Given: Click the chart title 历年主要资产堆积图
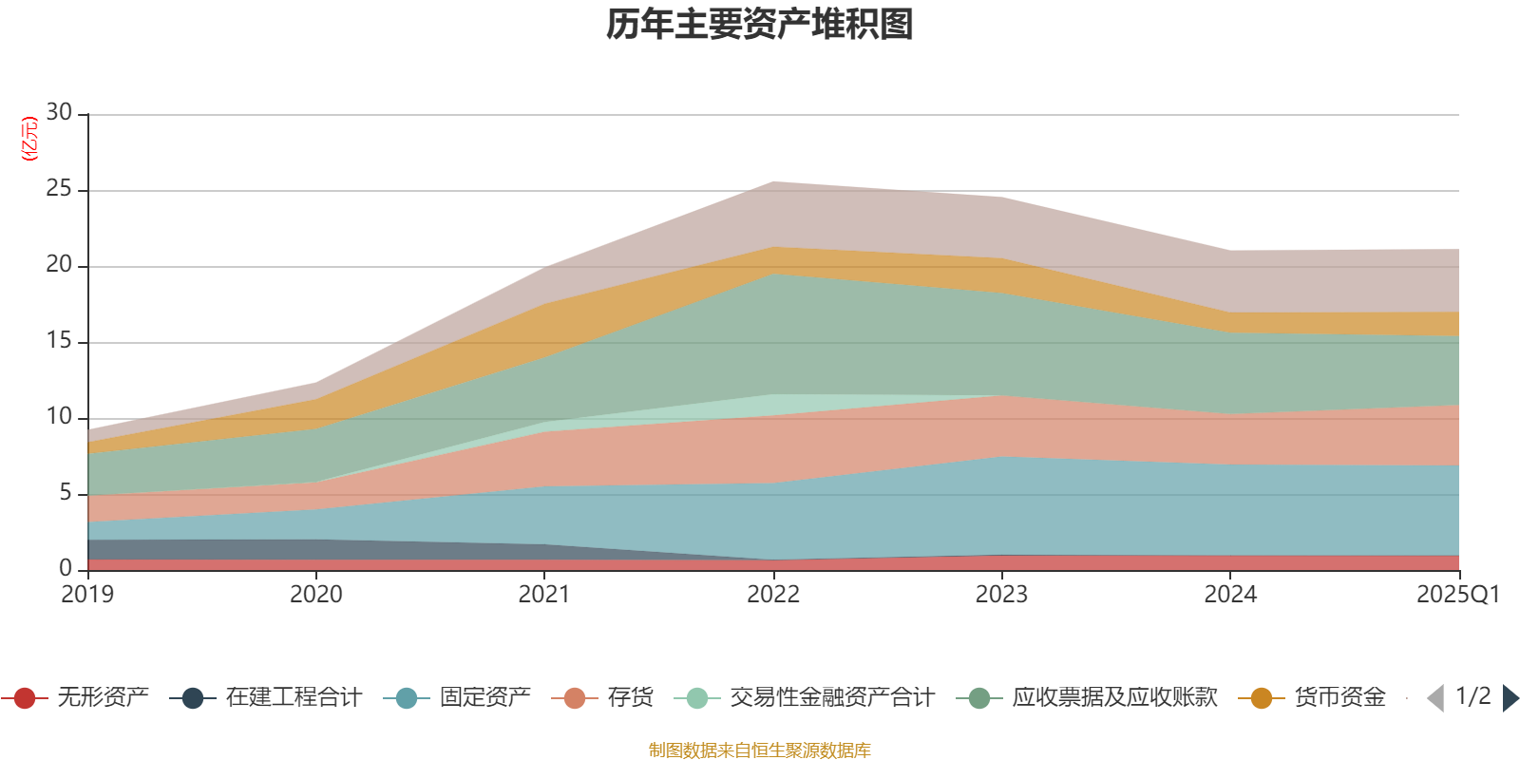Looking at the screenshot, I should [x=760, y=25].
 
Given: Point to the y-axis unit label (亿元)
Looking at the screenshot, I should [x=30, y=139].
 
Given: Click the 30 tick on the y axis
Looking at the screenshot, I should [x=59, y=113].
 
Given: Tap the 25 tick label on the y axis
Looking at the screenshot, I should [x=59, y=189].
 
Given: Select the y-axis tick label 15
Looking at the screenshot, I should [x=59, y=341].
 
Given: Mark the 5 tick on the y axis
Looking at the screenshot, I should [x=66, y=493].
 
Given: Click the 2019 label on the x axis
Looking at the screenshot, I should [x=87, y=595].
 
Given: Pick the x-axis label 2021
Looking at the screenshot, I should [x=544, y=595].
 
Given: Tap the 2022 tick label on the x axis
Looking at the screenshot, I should [x=773, y=595].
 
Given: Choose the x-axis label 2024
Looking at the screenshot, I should [x=1230, y=595].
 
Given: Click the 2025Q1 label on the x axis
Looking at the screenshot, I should [x=1457, y=595].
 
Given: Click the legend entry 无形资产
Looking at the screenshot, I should [x=103, y=698].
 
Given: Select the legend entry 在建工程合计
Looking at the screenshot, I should [x=294, y=698].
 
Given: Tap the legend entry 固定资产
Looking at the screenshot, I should [x=484, y=698].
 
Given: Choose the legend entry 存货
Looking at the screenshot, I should [x=630, y=698].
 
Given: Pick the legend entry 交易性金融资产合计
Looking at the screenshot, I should [x=831, y=698].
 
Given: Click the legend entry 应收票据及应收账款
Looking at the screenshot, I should [x=1113, y=698].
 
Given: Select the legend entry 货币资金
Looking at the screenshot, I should [x=1339, y=698].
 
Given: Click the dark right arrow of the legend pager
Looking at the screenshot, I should [x=1510, y=698].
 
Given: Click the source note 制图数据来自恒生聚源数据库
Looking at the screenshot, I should [x=760, y=750].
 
